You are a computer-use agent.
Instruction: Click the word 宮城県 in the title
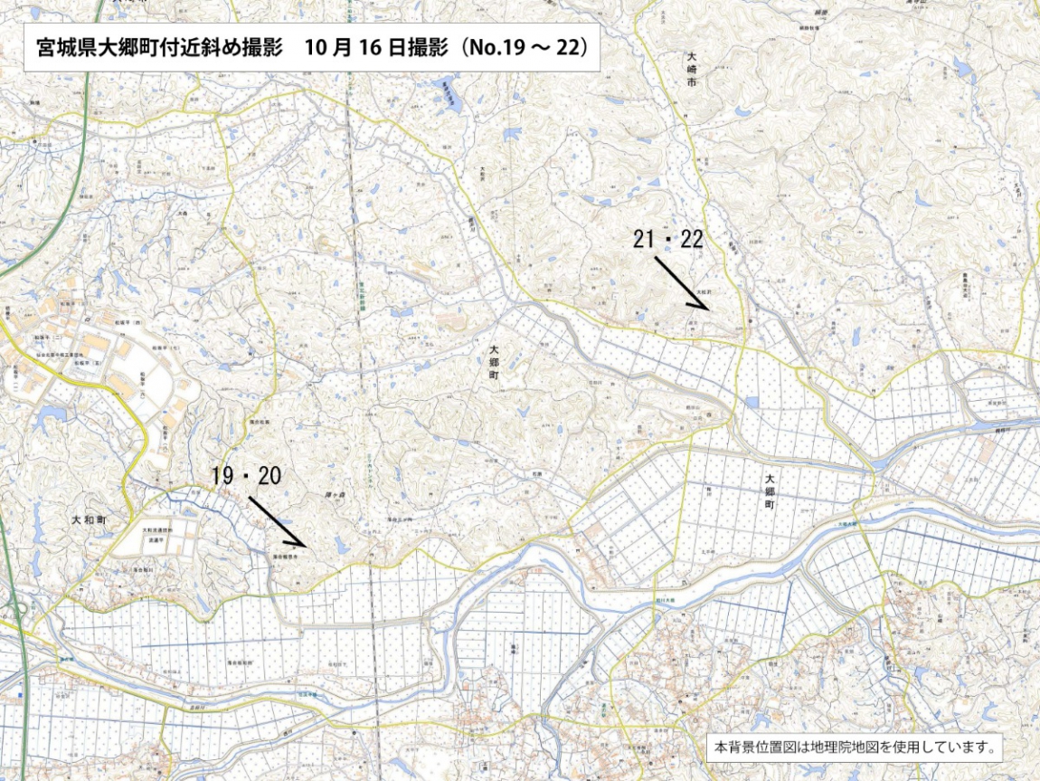tap(60, 48)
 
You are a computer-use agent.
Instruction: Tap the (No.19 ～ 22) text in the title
tap(526, 48)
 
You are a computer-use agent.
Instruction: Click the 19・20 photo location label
tap(246, 476)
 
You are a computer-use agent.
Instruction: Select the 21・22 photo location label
tap(668, 240)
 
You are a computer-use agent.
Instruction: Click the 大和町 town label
tap(90, 520)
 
